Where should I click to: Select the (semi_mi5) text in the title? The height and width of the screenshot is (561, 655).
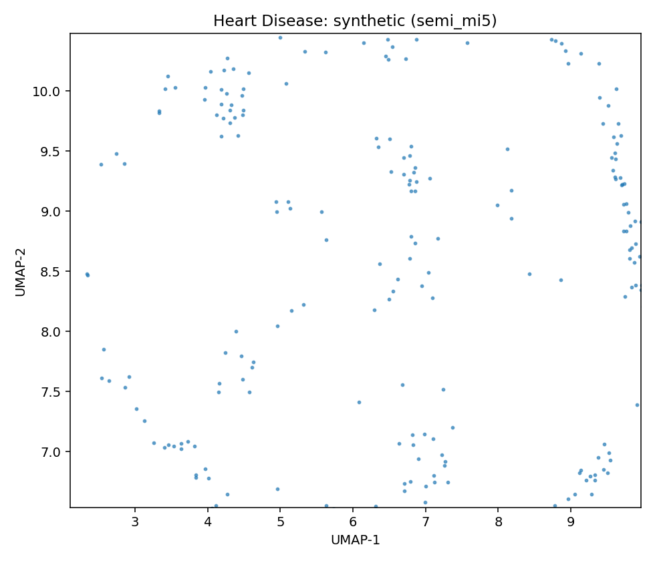(454, 21)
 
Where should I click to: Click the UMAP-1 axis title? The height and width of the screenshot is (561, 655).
(356, 540)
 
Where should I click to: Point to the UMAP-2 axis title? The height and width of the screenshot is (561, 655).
(21, 272)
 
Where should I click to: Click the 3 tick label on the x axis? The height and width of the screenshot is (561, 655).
(135, 522)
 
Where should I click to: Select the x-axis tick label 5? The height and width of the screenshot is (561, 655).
(280, 522)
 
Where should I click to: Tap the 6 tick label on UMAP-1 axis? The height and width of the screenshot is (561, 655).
(353, 522)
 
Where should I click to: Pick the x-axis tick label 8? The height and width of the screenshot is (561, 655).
(498, 522)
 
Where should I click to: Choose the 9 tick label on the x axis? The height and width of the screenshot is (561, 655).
(571, 522)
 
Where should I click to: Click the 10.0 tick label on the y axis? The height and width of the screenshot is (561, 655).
(47, 91)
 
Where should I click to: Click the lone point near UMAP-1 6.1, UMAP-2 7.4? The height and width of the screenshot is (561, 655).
(359, 402)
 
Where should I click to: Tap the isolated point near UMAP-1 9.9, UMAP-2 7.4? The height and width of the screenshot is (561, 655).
(637, 405)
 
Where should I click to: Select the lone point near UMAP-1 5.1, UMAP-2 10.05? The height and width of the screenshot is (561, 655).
(286, 83)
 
